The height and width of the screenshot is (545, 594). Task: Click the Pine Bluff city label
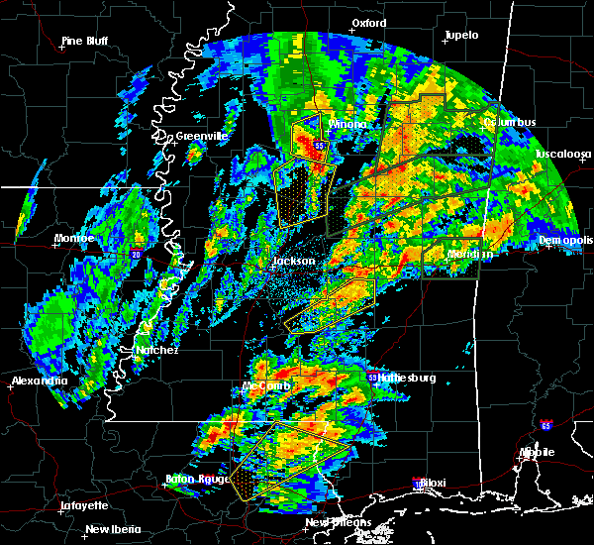click(84, 41)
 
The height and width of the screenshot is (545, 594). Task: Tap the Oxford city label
click(368, 22)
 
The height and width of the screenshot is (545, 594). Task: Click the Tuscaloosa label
click(562, 155)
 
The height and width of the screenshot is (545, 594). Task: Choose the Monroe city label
click(74, 239)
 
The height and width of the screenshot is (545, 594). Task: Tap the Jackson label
click(293, 262)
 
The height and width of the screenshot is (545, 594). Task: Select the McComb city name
click(264, 385)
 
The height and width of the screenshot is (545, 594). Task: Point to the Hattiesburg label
click(408, 379)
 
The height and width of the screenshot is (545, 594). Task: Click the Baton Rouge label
click(196, 481)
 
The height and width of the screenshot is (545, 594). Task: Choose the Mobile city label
click(538, 452)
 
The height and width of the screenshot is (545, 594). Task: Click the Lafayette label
click(84, 505)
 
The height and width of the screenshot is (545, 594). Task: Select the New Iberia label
click(112, 529)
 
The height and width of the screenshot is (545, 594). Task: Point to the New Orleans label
click(338, 522)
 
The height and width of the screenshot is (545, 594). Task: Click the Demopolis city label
click(567, 241)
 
